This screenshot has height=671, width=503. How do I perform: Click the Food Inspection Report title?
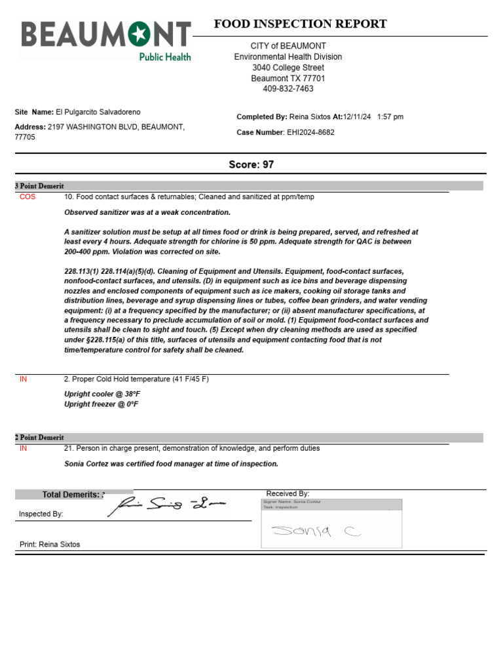tap(300, 24)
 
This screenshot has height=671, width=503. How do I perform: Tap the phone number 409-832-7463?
tap(288, 88)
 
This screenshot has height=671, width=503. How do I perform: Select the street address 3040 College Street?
tap(288, 67)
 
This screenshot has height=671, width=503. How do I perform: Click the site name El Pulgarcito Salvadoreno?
tap(98, 112)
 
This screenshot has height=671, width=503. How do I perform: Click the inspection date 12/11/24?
tap(357, 117)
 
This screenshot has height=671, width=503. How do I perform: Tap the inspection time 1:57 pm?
tap(390, 117)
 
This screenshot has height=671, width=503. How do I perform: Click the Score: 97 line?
tap(251, 164)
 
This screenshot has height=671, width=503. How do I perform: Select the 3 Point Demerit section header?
tap(39, 186)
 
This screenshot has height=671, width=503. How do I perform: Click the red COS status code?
tap(28, 197)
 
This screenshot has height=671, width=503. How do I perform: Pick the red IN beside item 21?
tap(24, 448)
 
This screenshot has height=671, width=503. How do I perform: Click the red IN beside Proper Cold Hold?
tap(24, 379)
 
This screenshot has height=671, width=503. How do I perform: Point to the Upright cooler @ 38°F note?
tap(102, 394)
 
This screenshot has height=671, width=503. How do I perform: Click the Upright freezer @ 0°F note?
tap(102, 404)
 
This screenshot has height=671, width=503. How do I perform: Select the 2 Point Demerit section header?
tap(39, 438)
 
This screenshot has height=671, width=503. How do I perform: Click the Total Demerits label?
tap(71, 495)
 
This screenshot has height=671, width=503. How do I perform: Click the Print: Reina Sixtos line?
tap(50, 545)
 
